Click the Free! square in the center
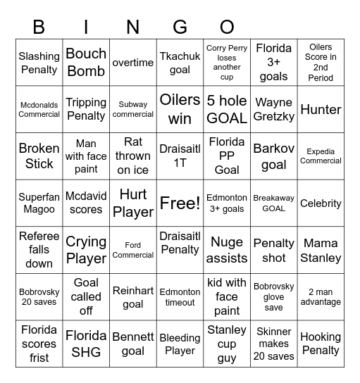(x=180, y=203)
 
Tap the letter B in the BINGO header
(x=39, y=27)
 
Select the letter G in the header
(x=180, y=27)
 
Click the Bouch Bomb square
(x=86, y=62)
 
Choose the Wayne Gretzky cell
(x=273, y=109)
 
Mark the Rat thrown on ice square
(x=133, y=156)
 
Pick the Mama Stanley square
(x=321, y=250)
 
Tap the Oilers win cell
(x=180, y=109)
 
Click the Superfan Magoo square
(x=39, y=203)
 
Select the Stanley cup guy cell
(x=227, y=344)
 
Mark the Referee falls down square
(x=39, y=250)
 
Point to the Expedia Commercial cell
(x=321, y=156)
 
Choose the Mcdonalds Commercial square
(x=39, y=109)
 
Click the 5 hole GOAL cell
(x=227, y=109)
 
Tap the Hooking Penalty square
(x=321, y=344)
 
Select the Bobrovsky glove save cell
(x=273, y=296)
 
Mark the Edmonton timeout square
(x=180, y=296)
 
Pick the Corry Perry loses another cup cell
(x=227, y=62)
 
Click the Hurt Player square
(x=133, y=203)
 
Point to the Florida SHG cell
(x=86, y=344)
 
